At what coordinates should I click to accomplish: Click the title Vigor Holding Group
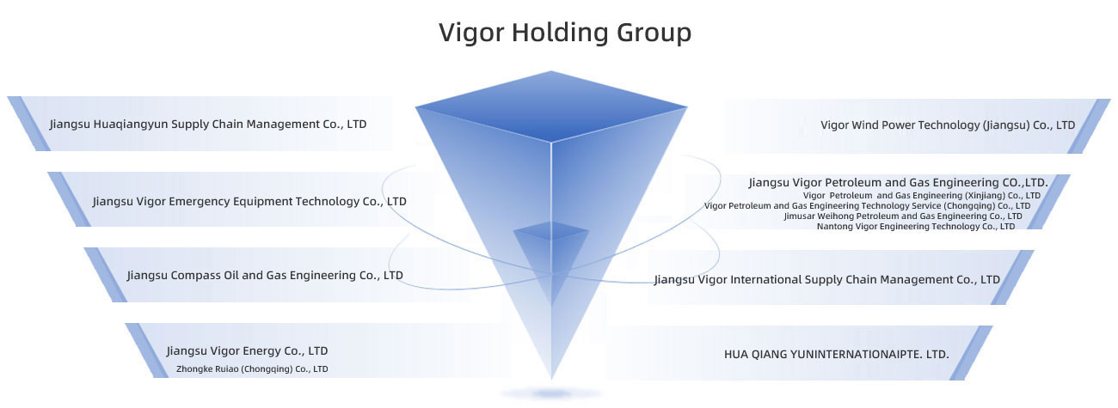pyautogui.click(x=565, y=33)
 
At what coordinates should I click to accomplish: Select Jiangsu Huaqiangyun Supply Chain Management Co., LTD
pyautogui.click(x=208, y=125)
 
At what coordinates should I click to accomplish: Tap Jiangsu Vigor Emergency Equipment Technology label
pyautogui.click(x=249, y=202)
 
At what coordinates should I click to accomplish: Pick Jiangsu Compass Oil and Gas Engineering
pyautogui.click(x=265, y=276)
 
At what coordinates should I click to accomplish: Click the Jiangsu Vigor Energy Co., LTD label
pyautogui.click(x=247, y=351)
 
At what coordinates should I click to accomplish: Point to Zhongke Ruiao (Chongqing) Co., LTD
pyautogui.click(x=252, y=369)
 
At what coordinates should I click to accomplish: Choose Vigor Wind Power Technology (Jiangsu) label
pyautogui.click(x=948, y=125)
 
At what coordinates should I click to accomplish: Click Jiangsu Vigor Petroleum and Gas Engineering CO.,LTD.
pyautogui.click(x=898, y=183)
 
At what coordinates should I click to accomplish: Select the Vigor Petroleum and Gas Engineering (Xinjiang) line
pyautogui.click(x=921, y=196)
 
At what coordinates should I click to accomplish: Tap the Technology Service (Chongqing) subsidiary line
pyautogui.click(x=867, y=206)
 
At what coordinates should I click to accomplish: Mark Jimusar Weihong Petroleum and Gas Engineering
pyautogui.click(x=903, y=216)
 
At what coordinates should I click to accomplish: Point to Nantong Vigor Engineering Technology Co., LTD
pyautogui.click(x=915, y=227)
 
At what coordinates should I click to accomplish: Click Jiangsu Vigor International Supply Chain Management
pyautogui.click(x=826, y=280)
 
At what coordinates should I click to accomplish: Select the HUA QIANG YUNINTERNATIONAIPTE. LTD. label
pyautogui.click(x=837, y=353)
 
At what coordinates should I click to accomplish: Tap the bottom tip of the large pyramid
pyautogui.click(x=551, y=375)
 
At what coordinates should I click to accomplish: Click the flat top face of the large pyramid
pyautogui.click(x=551, y=107)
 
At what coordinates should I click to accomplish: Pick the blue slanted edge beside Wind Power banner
pyautogui.click(x=1088, y=126)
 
